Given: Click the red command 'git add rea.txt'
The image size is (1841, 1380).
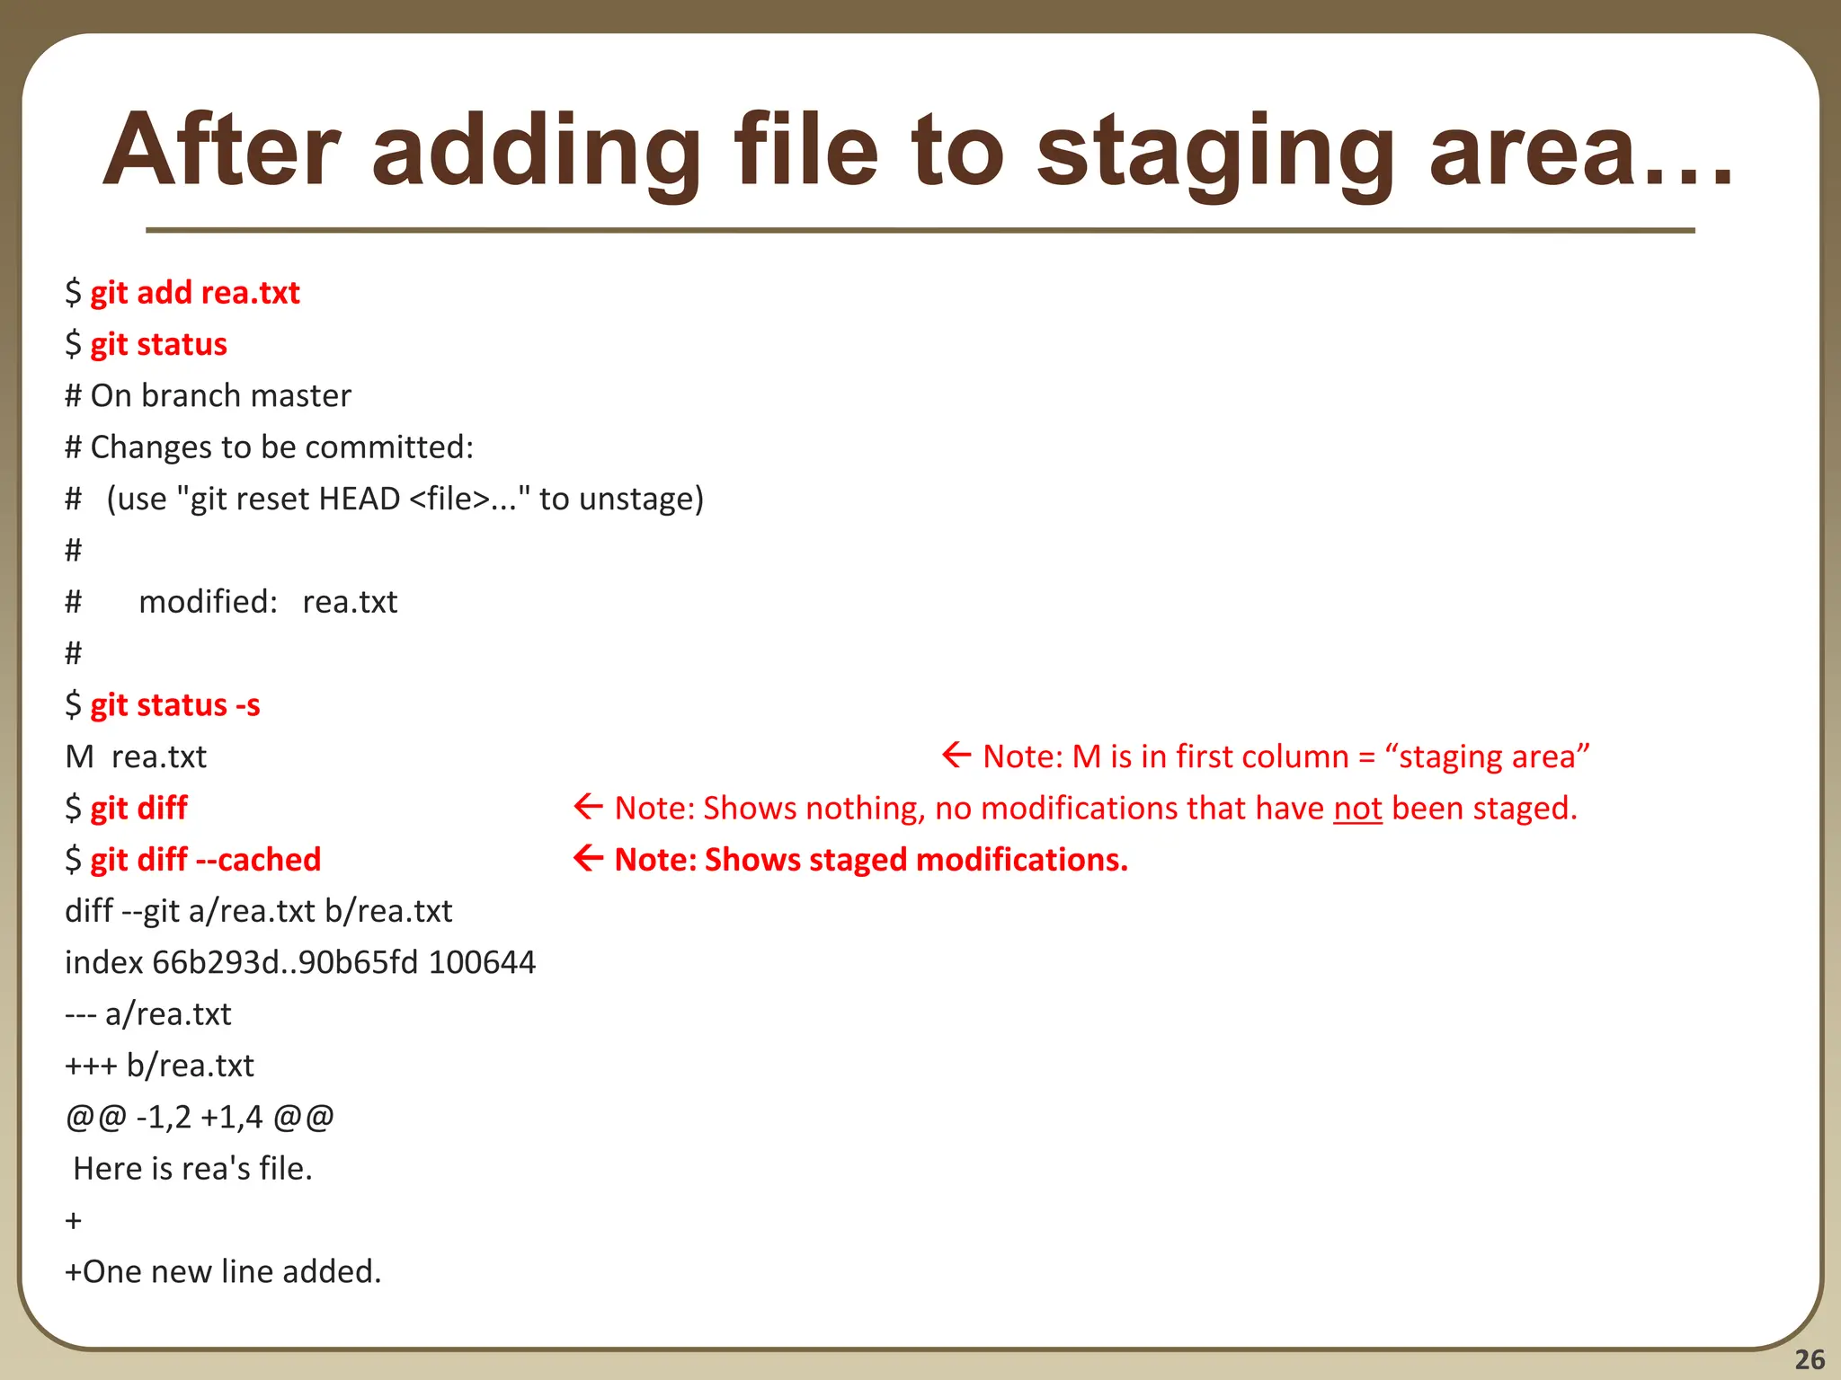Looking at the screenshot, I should tap(194, 293).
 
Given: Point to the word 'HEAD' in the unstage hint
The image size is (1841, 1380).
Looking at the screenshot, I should tap(359, 499).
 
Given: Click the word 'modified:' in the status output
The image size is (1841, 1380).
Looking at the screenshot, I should tap(208, 602).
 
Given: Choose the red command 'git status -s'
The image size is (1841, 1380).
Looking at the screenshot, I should tap(174, 705).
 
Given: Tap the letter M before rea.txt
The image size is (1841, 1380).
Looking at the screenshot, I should tap(79, 757).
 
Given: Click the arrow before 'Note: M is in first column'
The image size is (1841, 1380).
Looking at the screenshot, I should tap(956, 756).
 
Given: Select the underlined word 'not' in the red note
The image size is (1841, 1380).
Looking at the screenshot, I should tap(1357, 809).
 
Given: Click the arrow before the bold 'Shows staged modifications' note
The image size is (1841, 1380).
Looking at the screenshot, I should tap(588, 859).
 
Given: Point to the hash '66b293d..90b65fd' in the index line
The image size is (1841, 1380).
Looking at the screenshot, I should tap(285, 963).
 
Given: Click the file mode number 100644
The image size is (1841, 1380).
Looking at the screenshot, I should tap(482, 963).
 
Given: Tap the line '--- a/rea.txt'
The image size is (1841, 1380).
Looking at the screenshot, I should tap(147, 1014).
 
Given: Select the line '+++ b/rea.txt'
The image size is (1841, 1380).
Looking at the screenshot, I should tap(159, 1066).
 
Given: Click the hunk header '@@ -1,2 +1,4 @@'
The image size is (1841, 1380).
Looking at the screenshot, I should tap(199, 1118).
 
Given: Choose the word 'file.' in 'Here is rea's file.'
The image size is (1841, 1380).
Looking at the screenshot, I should tap(285, 1169).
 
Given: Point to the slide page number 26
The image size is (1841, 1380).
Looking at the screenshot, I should tap(1810, 1359).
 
